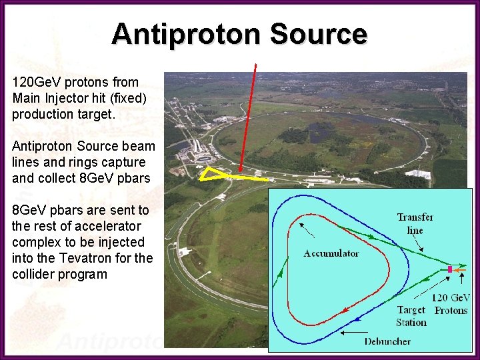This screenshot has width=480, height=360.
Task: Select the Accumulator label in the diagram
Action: pos(331,253)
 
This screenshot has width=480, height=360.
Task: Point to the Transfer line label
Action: pos(415,223)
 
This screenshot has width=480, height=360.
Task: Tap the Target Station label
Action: pos(411,316)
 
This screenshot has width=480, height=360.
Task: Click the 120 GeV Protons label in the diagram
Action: pos(451,304)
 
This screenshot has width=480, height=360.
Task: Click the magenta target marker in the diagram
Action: pos(450,269)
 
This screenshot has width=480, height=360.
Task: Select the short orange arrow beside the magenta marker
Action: pos(460,270)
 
